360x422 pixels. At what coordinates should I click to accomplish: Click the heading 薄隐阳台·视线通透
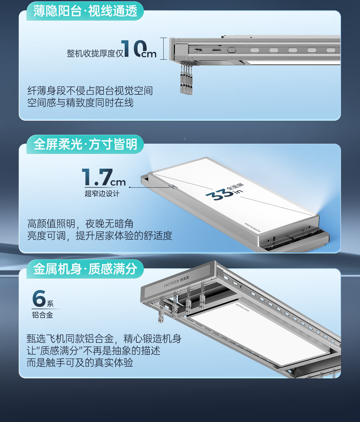pos(85,11)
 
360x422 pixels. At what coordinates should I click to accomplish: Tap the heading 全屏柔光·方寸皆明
pos(85,144)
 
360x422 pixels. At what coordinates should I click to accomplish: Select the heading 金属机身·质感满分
pos(85,269)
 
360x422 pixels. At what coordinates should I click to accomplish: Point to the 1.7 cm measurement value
pos(104,177)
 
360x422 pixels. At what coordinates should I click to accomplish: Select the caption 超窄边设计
pos(102,194)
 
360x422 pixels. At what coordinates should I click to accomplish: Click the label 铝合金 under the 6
pos(42,315)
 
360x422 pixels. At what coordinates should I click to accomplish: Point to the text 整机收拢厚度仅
pos(95,53)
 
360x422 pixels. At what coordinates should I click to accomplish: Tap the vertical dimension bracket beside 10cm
pos(163,49)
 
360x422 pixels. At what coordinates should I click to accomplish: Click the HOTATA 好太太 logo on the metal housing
pos(177,282)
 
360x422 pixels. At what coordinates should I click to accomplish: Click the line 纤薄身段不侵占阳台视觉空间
pos(90,91)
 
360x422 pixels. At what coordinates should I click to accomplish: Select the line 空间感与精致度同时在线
pos(80,103)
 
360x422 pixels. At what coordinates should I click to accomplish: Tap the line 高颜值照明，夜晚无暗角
pos(80,224)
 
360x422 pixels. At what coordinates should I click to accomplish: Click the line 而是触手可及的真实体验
pos(80,363)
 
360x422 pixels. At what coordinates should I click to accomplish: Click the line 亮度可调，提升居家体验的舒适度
pos(100,236)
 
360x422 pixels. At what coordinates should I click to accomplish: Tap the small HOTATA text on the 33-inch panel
pos(253,227)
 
